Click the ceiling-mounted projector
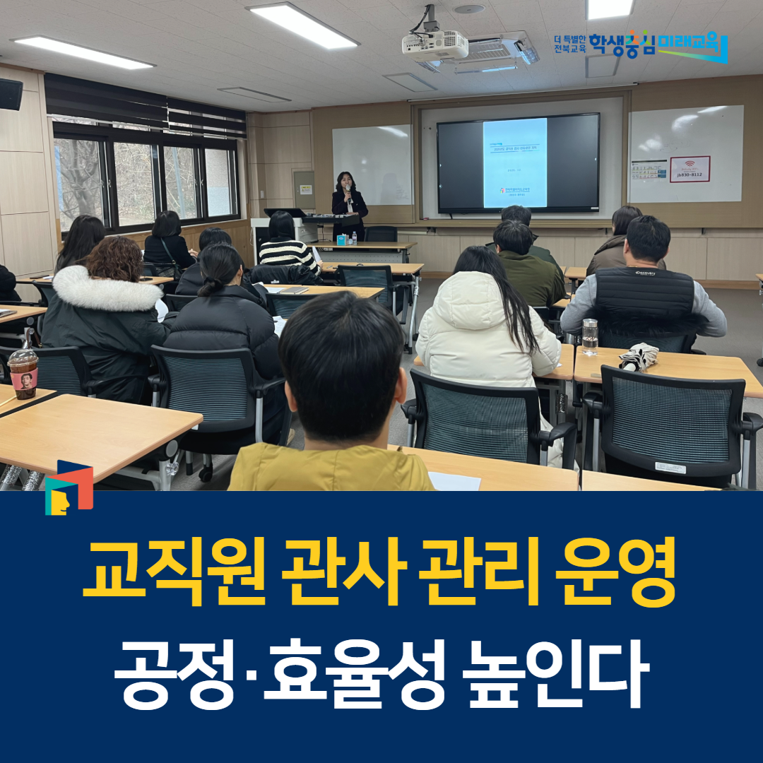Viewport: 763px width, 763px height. pyautogui.click(x=435, y=45)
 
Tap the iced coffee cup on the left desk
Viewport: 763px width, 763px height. pyautogui.click(x=23, y=372)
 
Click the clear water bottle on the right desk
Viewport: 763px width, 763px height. pyautogui.click(x=590, y=336)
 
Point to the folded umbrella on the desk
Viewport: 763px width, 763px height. pyautogui.click(x=638, y=355)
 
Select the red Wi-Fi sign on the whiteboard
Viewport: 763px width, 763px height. pyautogui.click(x=690, y=169)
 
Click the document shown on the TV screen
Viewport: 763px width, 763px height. pyautogui.click(x=515, y=162)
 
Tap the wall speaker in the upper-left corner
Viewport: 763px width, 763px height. pyautogui.click(x=11, y=93)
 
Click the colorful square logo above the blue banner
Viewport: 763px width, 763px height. pyautogui.click(x=69, y=487)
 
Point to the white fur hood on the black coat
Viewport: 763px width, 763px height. pyautogui.click(x=107, y=288)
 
